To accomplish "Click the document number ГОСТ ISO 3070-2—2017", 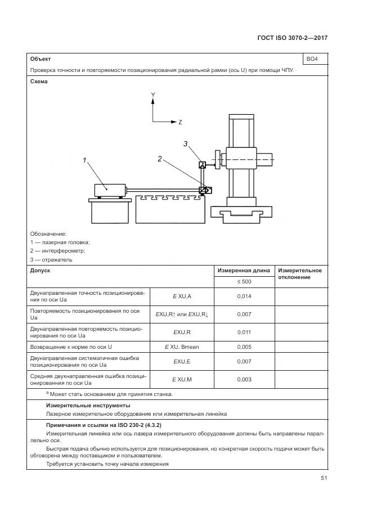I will point(292,38).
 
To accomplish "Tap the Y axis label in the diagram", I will point(153,95).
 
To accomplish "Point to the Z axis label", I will point(180,122).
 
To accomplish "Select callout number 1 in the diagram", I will point(85,161).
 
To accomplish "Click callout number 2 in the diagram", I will point(160,159).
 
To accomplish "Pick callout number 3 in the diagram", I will point(185,144).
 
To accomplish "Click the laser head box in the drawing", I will point(109,189).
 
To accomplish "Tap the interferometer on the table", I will point(204,190).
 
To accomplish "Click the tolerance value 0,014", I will point(244,296).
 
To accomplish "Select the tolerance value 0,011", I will point(244,332).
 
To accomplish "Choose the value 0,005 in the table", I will point(244,347).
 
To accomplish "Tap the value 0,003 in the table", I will point(244,380).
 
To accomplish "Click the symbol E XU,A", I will point(182,296).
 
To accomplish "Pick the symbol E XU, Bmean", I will point(182,347).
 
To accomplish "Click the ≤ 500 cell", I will point(244,281).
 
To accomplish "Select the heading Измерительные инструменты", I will point(88,405).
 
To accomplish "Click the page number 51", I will point(324,478).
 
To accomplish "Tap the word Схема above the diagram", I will point(39,81).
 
